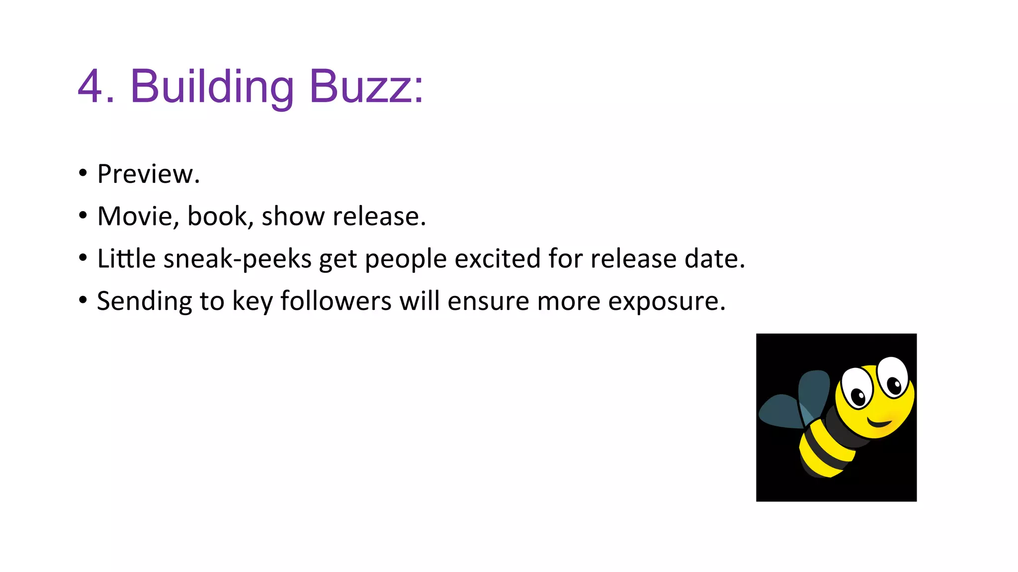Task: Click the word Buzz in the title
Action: tap(366, 86)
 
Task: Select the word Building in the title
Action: tap(212, 87)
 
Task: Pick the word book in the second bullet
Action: tap(217, 216)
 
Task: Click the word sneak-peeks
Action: tap(237, 259)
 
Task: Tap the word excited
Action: tap(497, 259)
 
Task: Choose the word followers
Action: tap(336, 301)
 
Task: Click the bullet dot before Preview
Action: tap(83, 173)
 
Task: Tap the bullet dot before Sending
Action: tap(83, 300)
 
